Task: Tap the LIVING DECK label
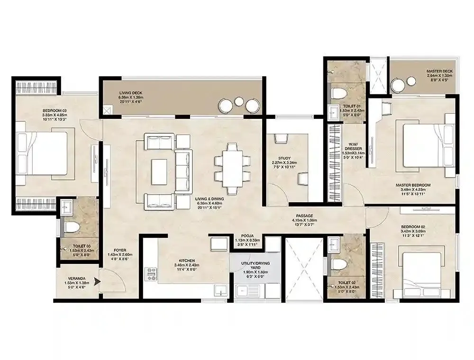130,93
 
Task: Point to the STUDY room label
284,159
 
